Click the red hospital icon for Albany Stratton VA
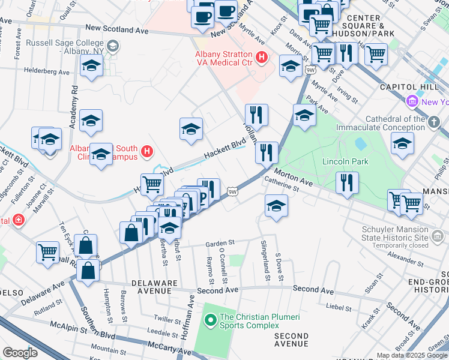point(261,57)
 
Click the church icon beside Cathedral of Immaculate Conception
point(434,122)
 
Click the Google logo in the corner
point(20,353)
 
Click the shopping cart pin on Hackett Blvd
point(152,184)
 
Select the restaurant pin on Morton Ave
point(347,183)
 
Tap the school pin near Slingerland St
point(275,206)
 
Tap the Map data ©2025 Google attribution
point(411,355)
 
